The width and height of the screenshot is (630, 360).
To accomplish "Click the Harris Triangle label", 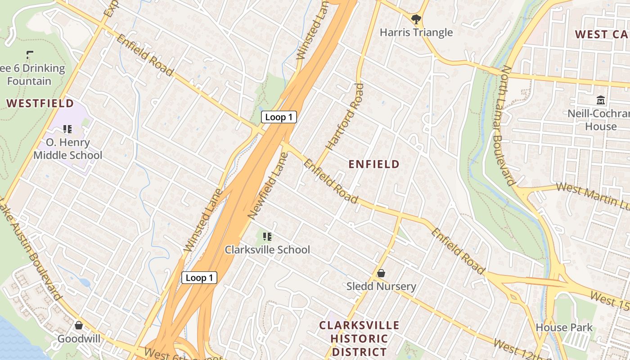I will click(x=416, y=32).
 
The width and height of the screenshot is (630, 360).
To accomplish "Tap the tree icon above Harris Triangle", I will click(x=416, y=19).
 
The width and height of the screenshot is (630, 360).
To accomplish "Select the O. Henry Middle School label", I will click(x=68, y=149).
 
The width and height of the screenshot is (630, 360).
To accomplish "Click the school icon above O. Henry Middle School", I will click(x=67, y=130).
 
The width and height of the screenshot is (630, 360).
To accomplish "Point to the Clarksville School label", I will click(x=267, y=250).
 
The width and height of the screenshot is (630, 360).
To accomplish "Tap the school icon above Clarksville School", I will click(x=267, y=236).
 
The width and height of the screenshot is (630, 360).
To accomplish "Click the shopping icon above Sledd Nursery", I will click(x=381, y=273).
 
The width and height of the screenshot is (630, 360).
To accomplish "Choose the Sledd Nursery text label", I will click(x=381, y=286).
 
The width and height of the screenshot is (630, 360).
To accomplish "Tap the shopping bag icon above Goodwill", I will click(x=79, y=325).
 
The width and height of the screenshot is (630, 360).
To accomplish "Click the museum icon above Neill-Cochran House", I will click(x=601, y=100).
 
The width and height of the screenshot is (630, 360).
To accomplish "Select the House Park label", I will click(x=564, y=327).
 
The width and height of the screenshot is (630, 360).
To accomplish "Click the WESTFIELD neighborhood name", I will click(x=40, y=103).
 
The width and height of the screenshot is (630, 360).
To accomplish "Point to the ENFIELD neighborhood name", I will click(x=374, y=164).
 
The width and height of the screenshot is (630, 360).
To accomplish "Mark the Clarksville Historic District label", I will click(x=359, y=338).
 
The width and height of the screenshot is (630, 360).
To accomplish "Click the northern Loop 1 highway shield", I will click(x=279, y=117).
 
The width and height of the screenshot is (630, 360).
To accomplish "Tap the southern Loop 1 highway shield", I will click(x=199, y=278).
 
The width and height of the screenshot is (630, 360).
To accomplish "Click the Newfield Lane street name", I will click(x=268, y=186).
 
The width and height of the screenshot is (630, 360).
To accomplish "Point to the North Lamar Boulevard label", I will click(x=507, y=126).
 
